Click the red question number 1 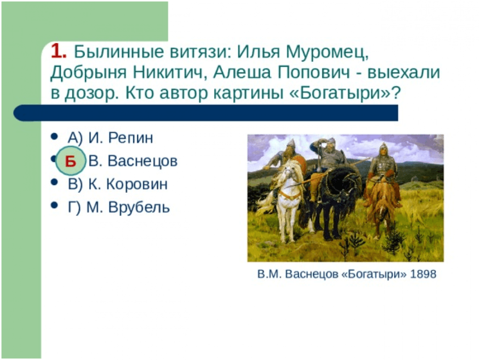(x=58, y=51)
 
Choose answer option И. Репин (x=120, y=138)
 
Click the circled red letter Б (x=70, y=161)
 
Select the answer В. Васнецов (x=133, y=161)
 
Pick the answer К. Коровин (x=127, y=184)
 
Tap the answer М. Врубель (x=128, y=208)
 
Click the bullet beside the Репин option (x=54, y=136)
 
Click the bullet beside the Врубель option (x=54, y=205)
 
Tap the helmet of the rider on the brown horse (x=383, y=148)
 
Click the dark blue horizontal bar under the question (x=206, y=113)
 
